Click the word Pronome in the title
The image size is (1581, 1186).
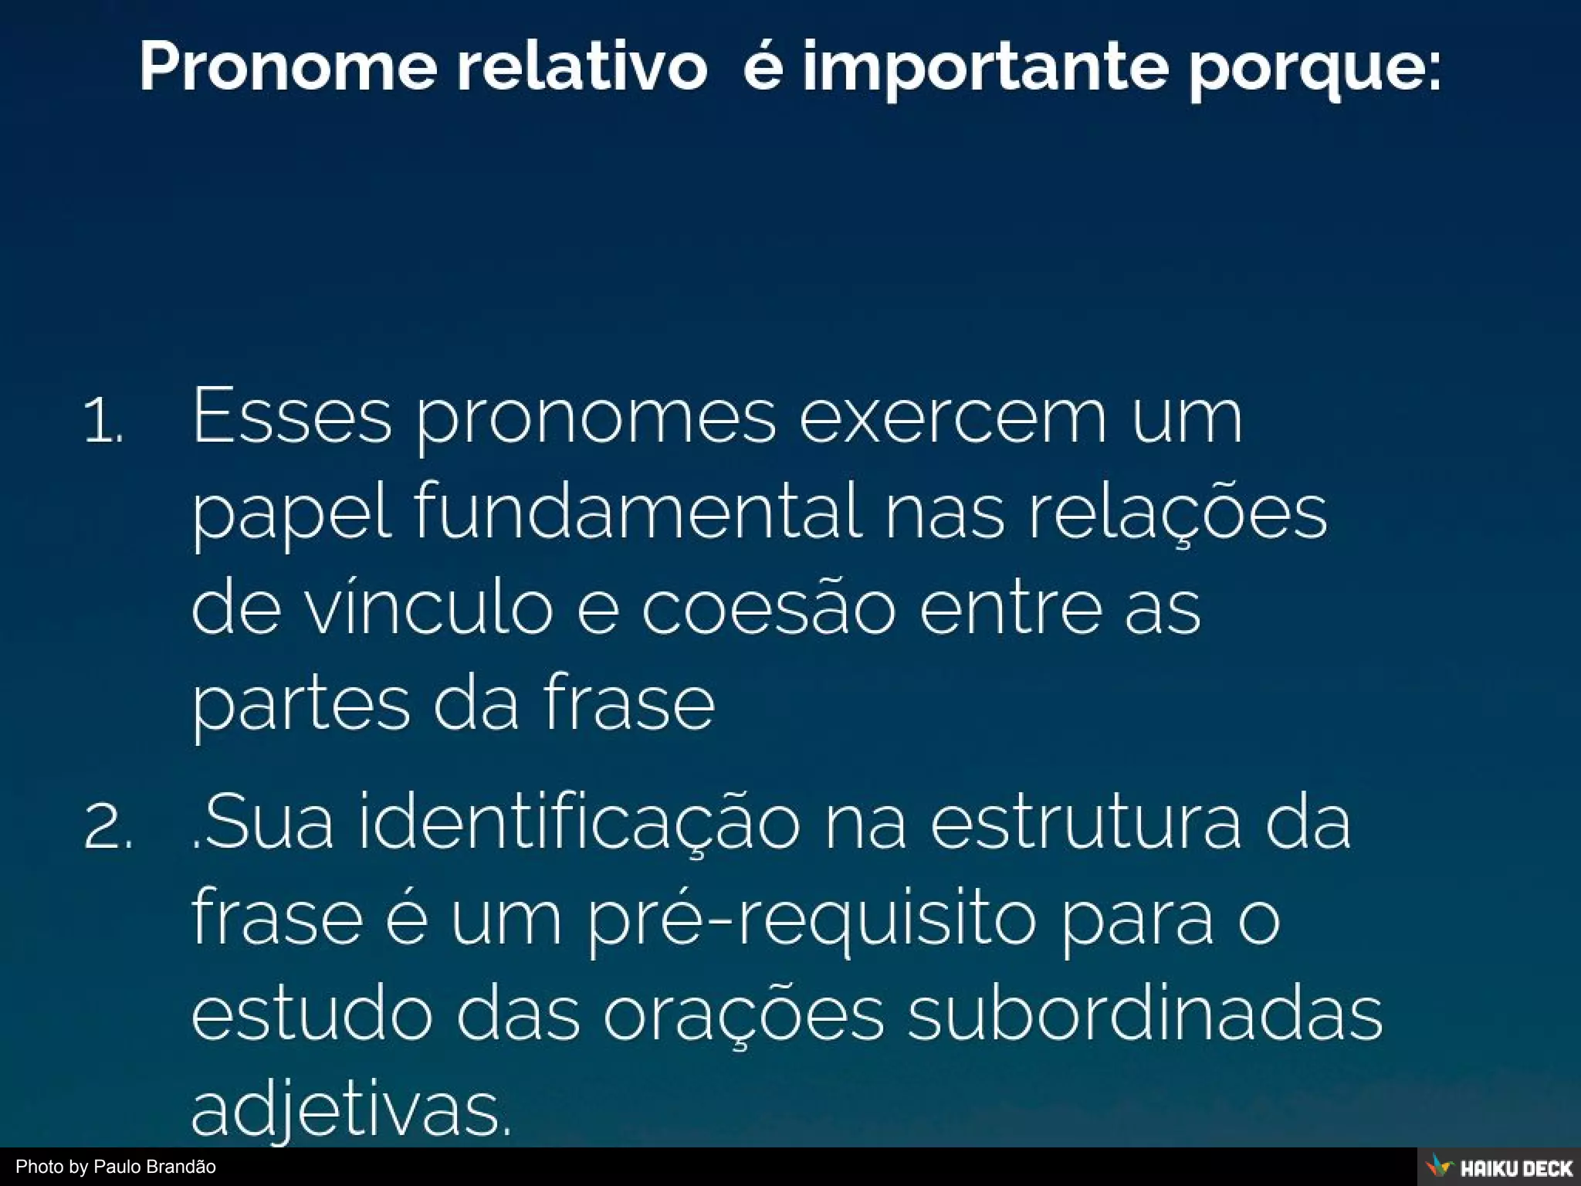[288, 68]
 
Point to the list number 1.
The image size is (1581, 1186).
[103, 422]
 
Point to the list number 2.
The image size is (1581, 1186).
[107, 828]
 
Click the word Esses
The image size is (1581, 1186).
[291, 417]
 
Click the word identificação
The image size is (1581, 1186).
[579, 823]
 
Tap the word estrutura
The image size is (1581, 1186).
[1085, 823]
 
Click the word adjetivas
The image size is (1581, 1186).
[350, 1112]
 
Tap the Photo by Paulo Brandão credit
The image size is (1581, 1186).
[116, 1167]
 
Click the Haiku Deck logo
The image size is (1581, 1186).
[1498, 1167]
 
